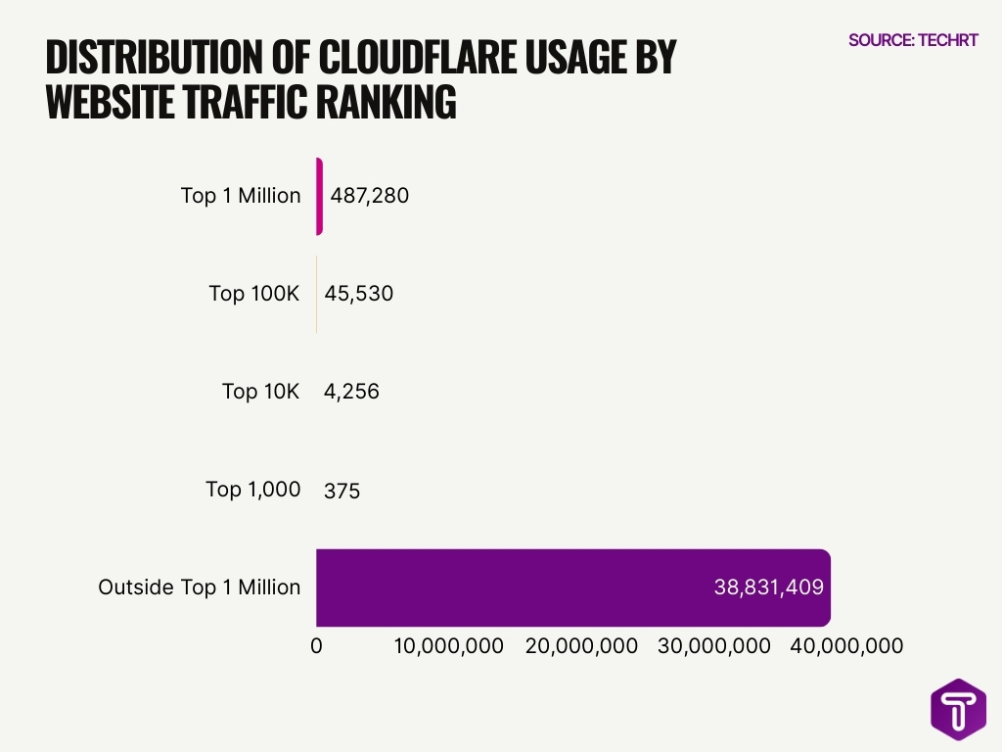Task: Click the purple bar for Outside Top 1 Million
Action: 572,587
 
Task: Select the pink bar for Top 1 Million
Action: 319,196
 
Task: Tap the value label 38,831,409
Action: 768,587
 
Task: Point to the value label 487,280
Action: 369,196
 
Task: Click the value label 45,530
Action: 358,294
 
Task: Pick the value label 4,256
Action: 351,392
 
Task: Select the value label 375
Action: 342,491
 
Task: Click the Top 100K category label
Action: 254,294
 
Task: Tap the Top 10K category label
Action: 261,392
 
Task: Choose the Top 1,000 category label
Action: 252,490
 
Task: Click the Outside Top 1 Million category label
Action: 200,587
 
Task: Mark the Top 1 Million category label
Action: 241,196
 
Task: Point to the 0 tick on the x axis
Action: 316,646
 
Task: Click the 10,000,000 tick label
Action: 449,646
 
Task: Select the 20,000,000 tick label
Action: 581,646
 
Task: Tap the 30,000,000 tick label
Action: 714,646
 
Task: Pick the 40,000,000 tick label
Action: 846,646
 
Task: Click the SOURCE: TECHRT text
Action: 913,40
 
